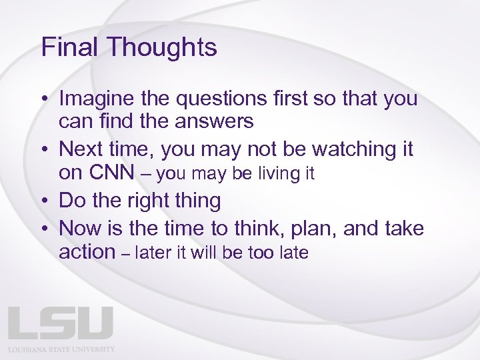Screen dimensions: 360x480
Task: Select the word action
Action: click(87, 252)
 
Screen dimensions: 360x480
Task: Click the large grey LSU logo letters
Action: click(61, 323)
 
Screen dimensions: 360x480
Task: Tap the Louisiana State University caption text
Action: click(61, 349)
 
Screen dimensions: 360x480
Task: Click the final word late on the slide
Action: click(295, 253)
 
